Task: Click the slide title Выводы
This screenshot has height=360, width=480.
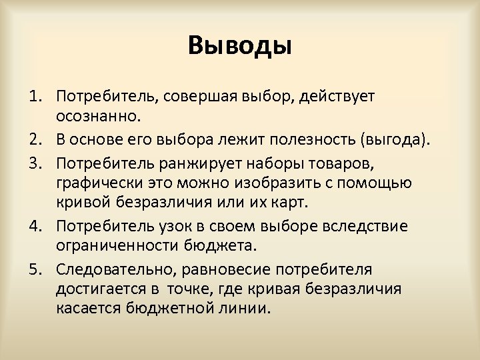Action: (240, 46)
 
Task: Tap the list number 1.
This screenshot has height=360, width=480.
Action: (33, 97)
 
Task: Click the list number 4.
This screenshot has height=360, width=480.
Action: (33, 227)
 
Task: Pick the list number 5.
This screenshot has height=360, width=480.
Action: (33, 270)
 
